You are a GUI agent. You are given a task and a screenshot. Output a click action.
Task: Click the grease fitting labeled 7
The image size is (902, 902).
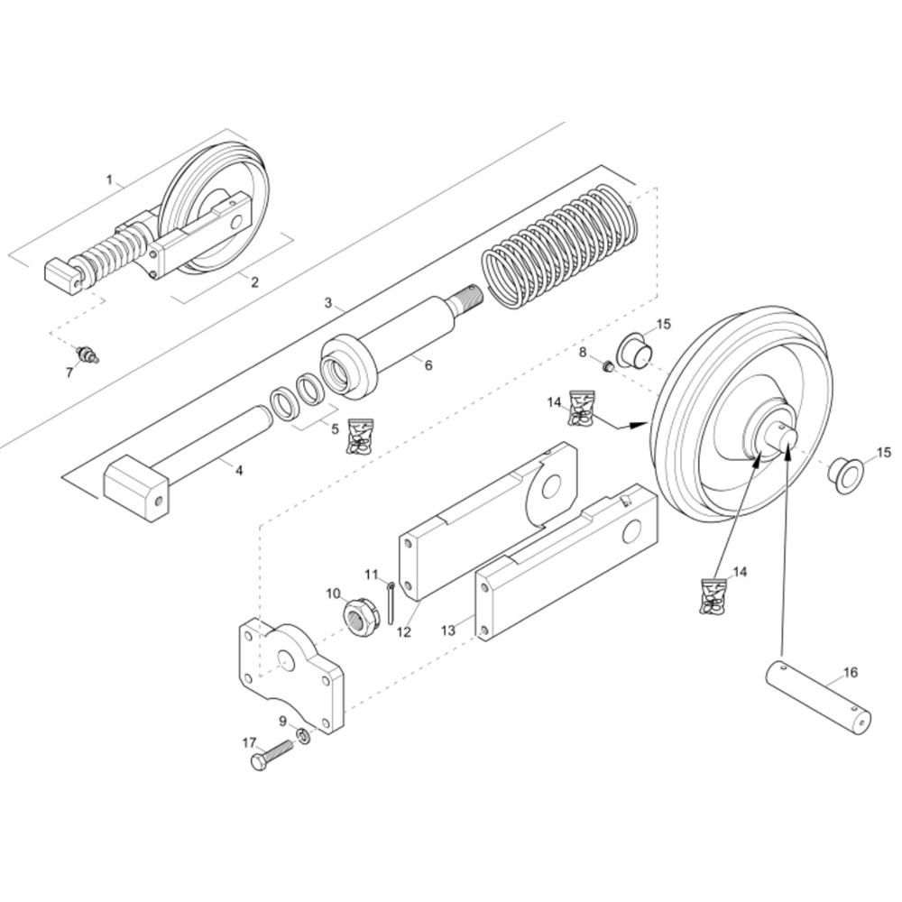pyautogui.click(x=87, y=354)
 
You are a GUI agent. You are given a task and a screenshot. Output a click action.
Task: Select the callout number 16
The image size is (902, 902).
pyautogui.click(x=850, y=672)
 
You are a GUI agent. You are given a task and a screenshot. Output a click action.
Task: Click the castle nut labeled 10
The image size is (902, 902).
pyautogui.click(x=360, y=617)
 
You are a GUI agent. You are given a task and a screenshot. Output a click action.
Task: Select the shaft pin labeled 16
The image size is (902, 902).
pyautogui.click(x=819, y=697)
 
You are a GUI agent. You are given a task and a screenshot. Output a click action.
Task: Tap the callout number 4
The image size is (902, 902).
pyautogui.click(x=239, y=471)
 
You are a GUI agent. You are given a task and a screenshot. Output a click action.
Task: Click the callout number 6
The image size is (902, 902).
pyautogui.click(x=428, y=364)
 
